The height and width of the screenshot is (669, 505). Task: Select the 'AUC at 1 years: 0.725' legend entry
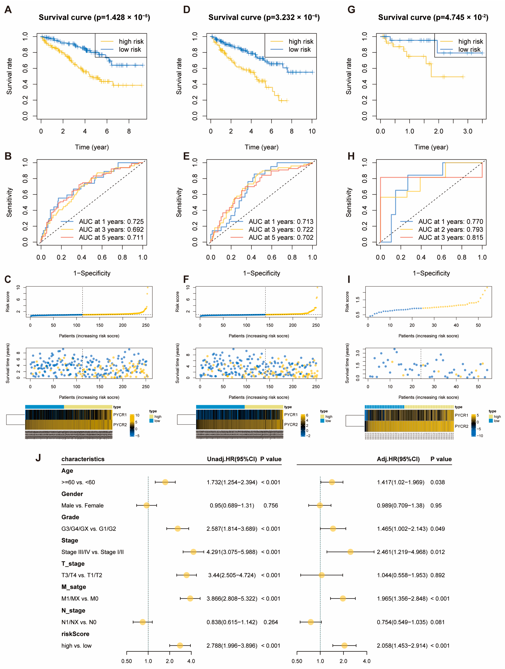[111, 222]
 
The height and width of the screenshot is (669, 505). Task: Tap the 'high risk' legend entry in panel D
[301, 41]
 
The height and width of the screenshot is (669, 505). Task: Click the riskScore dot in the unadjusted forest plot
[180, 645]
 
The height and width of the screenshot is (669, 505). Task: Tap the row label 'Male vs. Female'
[82, 505]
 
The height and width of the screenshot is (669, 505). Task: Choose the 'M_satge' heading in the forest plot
[74, 587]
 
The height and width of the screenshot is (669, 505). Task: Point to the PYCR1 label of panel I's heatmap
[461, 415]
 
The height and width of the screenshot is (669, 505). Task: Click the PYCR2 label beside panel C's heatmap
[120, 425]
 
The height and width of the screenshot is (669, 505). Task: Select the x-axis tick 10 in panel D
[312, 131]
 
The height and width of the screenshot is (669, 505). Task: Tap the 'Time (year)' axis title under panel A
[92, 147]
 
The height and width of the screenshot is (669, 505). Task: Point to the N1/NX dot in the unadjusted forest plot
[143, 622]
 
